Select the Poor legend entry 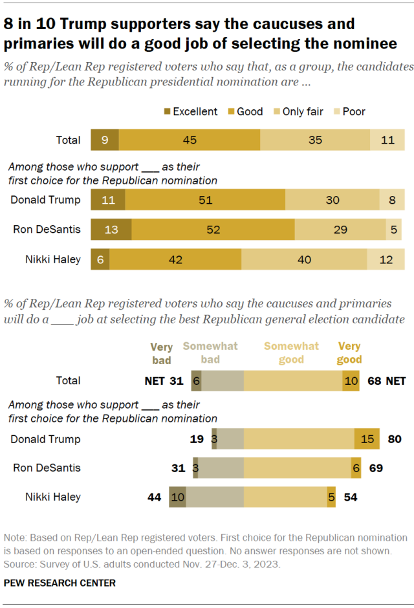tap(353, 112)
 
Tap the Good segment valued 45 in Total tap(189, 140)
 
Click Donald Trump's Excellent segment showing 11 tap(108, 200)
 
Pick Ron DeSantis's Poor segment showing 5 tap(394, 230)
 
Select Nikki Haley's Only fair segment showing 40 tap(304, 259)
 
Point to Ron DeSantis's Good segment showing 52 tap(213, 230)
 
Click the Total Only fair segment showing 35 tap(315, 140)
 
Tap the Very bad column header tap(161, 353)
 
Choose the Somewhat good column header tap(291, 353)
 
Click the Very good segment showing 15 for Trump tap(367, 439)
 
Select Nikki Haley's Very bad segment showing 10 tap(177, 497)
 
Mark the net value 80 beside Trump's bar tap(395, 439)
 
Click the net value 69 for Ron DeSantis tap(376, 468)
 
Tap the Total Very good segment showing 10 tap(351, 381)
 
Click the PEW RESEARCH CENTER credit tap(60, 583)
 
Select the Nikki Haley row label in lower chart tap(53, 497)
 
